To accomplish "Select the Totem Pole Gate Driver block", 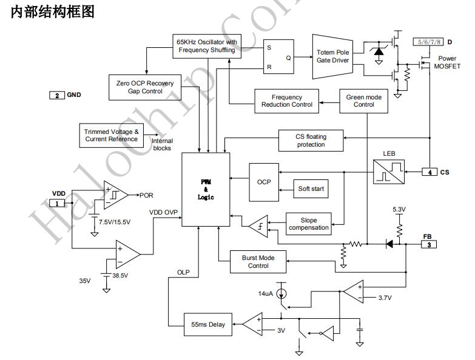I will (332, 56).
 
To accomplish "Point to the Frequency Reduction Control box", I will (287, 101).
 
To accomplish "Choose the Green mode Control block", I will (364, 101).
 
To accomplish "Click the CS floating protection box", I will (311, 141).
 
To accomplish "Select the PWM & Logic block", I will (206, 190).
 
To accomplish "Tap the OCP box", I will (264, 182).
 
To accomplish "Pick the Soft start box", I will (311, 188).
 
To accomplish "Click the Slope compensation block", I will (309, 224).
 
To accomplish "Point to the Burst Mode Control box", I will (258, 262).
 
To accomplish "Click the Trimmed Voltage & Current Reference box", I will (112, 135).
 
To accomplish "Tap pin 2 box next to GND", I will (56, 95).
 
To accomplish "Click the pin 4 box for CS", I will (429, 172).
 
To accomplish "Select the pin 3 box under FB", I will (429, 244).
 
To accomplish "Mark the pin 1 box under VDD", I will (58, 203).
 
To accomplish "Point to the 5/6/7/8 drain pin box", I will (428, 42).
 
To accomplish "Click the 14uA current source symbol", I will (281, 295).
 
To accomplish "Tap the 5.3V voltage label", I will (399, 210).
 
